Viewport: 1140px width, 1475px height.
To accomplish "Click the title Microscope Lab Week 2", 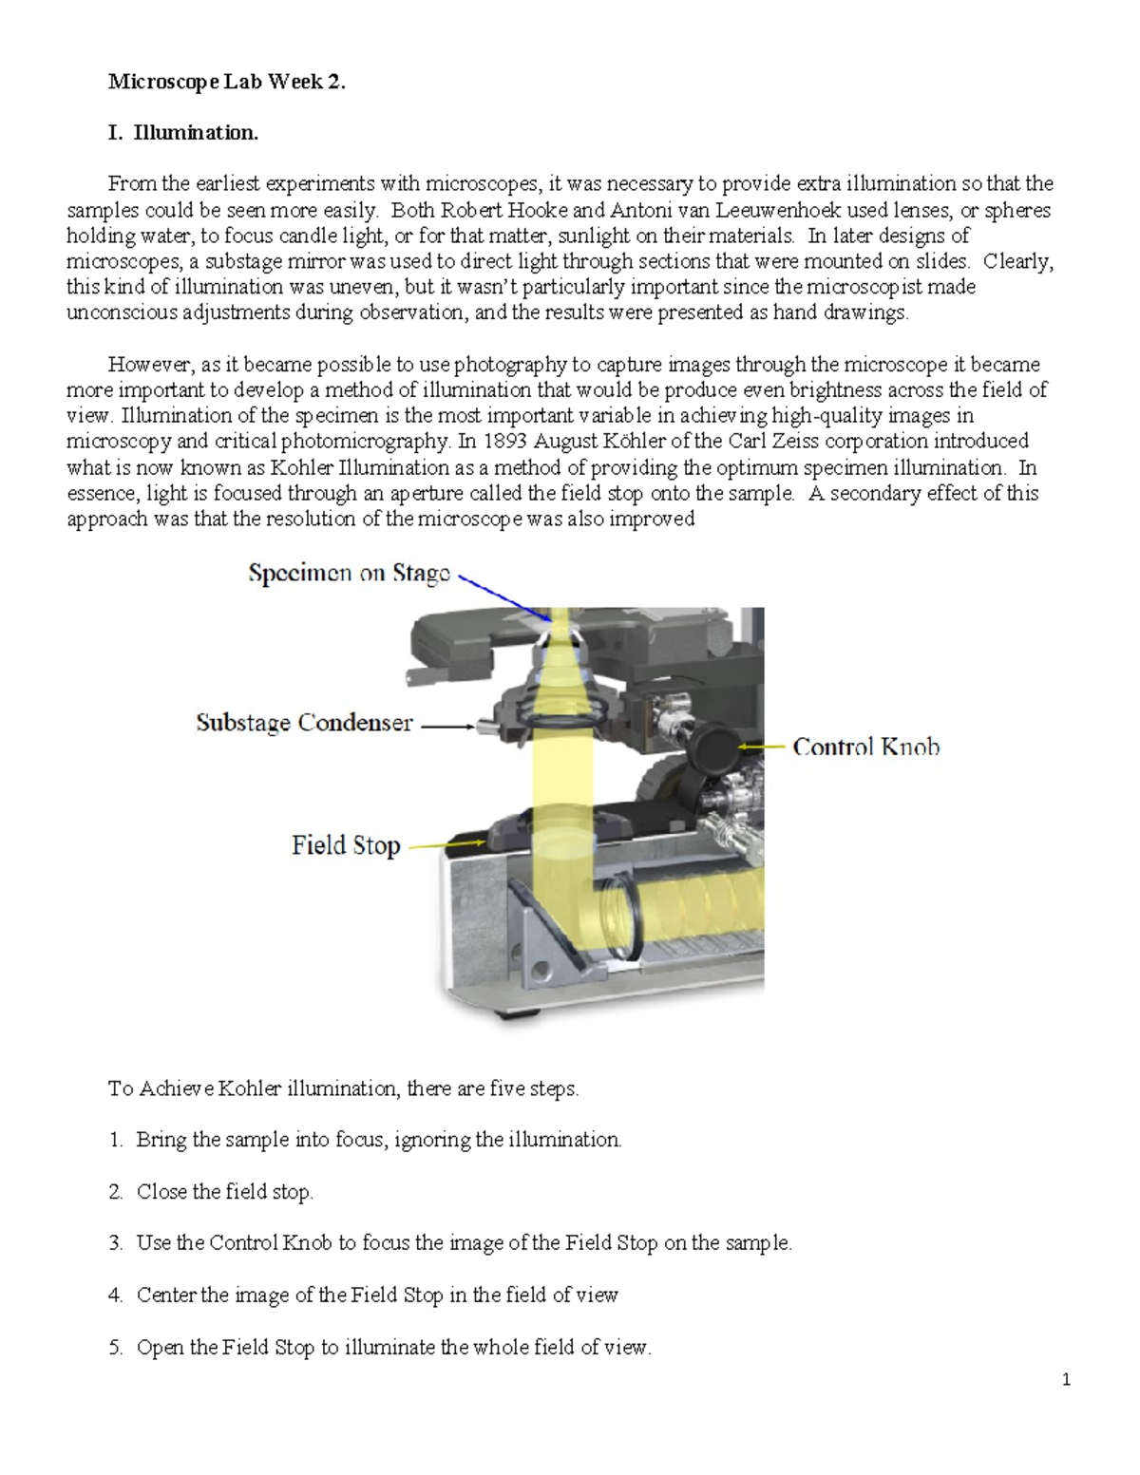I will [226, 82].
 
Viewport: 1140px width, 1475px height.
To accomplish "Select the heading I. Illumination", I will [182, 133].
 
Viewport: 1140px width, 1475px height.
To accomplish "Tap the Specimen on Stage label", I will [349, 573].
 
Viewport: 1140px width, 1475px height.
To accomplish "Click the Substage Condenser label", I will [304, 723].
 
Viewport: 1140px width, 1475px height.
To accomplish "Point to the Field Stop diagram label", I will [346, 845].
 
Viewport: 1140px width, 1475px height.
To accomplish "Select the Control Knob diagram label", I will [865, 747].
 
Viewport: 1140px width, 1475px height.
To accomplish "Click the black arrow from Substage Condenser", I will [446, 727].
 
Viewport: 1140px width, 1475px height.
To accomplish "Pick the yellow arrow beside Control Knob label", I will [762, 747].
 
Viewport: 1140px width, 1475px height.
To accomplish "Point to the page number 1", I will [1066, 1380].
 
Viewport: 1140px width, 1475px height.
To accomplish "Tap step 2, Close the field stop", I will [224, 1192].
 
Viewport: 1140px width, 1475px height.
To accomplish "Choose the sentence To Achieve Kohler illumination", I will [343, 1088].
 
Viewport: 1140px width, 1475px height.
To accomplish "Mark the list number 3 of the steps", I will [115, 1243].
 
